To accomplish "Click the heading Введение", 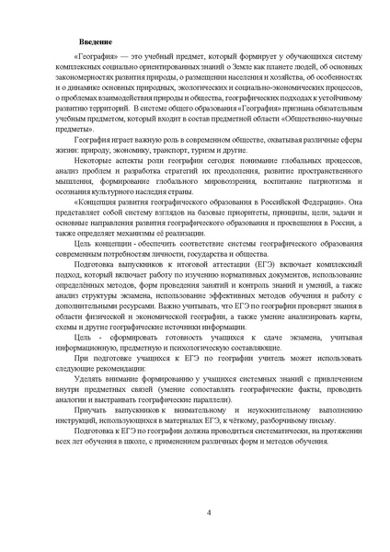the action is coord(96,44).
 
